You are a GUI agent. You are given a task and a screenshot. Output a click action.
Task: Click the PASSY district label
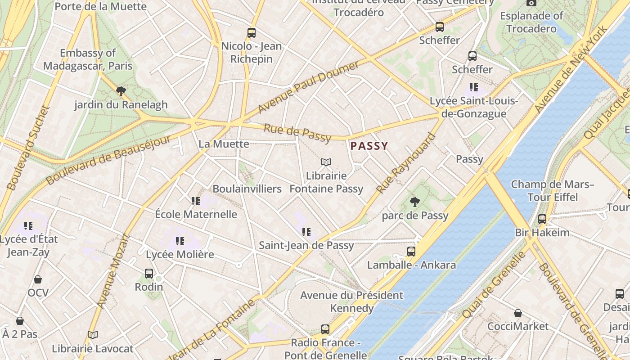click(x=369, y=146)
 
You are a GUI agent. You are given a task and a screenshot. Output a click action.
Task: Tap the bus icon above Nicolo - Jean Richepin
click(x=251, y=33)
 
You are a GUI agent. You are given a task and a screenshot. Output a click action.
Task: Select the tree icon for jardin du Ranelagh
click(x=121, y=91)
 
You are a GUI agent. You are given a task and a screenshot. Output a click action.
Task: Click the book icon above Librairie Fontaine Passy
click(x=326, y=162)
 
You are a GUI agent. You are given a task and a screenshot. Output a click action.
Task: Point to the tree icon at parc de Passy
click(x=415, y=202)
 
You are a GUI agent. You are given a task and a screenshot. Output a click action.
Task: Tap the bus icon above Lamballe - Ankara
click(x=411, y=251)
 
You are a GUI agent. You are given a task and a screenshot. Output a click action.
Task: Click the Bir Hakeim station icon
click(x=542, y=219)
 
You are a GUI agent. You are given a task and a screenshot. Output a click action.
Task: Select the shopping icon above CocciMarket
click(x=518, y=313)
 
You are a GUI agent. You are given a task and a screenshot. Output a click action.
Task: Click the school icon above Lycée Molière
click(x=180, y=241)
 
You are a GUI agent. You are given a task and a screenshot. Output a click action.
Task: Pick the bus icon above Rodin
click(x=149, y=273)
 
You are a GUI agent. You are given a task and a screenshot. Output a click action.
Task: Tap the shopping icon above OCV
click(x=38, y=279)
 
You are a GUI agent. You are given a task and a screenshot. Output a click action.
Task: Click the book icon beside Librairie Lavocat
click(x=93, y=335)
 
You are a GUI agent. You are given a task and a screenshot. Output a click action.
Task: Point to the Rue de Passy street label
click(x=297, y=132)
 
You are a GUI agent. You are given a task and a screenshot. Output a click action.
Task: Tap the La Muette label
click(x=224, y=144)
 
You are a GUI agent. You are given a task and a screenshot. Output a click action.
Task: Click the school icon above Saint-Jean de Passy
click(x=306, y=232)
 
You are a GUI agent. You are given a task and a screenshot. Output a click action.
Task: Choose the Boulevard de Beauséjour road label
click(x=108, y=160)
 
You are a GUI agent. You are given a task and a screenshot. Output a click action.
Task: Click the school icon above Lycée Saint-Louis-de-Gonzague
click(x=473, y=87)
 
